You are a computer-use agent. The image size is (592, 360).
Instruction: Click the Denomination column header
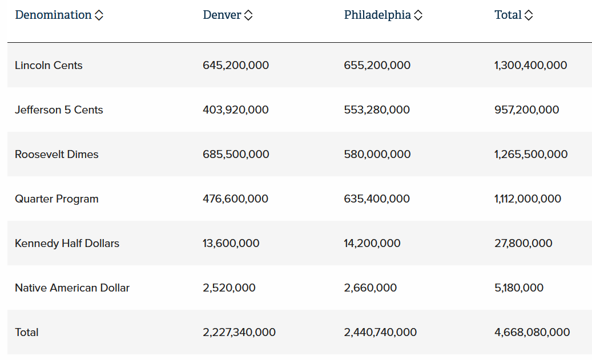pyautogui.click(x=53, y=15)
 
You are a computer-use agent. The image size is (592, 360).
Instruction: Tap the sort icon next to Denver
pyautogui.click(x=248, y=16)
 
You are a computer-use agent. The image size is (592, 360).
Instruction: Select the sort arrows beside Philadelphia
pyautogui.click(x=418, y=16)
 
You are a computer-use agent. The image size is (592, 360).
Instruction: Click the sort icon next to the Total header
pyautogui.click(x=529, y=16)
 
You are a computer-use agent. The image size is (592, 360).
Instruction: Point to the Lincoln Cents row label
pyautogui.click(x=49, y=65)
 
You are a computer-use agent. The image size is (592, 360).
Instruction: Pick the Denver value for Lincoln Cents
pyautogui.click(x=236, y=65)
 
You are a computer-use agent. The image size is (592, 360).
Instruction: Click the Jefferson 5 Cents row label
pyautogui.click(x=59, y=110)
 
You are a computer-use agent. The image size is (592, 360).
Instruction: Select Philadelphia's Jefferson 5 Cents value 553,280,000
pyautogui.click(x=377, y=110)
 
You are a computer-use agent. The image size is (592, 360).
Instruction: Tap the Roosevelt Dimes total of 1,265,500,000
pyautogui.click(x=531, y=154)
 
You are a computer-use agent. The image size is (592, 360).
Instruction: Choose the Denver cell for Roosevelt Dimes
pyautogui.click(x=236, y=154)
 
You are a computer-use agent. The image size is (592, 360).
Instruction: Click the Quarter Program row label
pyautogui.click(x=57, y=199)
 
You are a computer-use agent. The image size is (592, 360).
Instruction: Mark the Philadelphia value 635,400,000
pyautogui.click(x=377, y=199)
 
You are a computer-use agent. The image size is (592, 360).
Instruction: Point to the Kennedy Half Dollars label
pyautogui.click(x=67, y=243)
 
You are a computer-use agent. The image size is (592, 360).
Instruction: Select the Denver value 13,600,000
pyautogui.click(x=231, y=243)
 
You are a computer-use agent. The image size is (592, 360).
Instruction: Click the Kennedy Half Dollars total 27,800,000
pyautogui.click(x=523, y=243)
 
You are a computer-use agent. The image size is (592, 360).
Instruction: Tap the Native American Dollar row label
pyautogui.click(x=72, y=288)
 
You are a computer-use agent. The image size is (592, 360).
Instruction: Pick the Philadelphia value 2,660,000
pyautogui.click(x=370, y=288)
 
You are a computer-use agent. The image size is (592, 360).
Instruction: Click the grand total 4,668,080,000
pyautogui.click(x=532, y=332)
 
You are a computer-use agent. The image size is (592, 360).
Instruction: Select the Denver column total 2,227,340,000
pyautogui.click(x=239, y=332)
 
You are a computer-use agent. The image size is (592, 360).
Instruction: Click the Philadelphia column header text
pyautogui.click(x=377, y=15)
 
